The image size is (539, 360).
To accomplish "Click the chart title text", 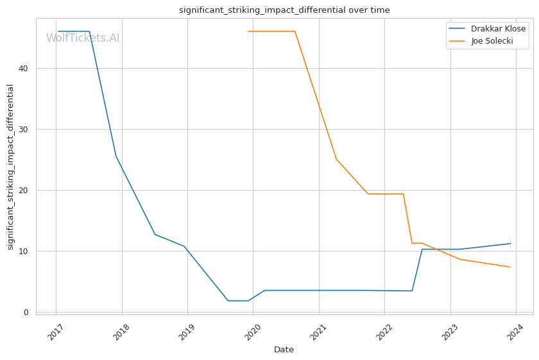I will pos(284,10).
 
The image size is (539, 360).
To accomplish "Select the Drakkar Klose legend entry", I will pos(497,29).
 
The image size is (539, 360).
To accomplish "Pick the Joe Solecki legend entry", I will pos(492,41).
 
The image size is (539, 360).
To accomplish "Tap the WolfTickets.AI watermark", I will pos(83,38).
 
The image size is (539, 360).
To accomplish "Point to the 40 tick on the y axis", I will pos(24,69).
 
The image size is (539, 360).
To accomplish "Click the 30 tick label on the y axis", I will pos(24,130).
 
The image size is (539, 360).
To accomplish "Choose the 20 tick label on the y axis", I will pos(24,191).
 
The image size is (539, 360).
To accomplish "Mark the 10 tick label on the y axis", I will pos(24,252).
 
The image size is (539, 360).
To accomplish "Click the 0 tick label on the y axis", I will pos(26,313).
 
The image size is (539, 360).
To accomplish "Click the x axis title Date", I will pos(284,350).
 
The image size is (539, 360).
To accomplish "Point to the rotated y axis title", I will pos(10,166).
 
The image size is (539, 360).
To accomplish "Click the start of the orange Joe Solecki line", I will pos(248,31).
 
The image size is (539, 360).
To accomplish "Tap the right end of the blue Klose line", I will pos(511,243).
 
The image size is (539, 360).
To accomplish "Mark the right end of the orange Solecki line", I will pos(511,267).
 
